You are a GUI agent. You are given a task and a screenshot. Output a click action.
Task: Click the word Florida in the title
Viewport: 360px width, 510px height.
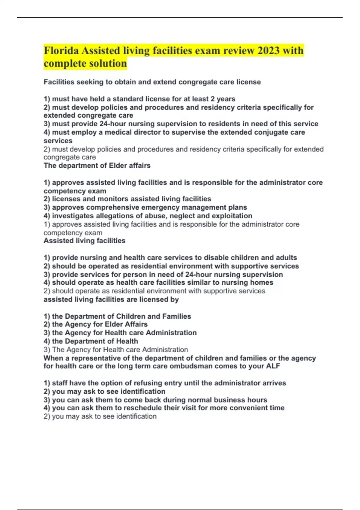click(x=61, y=50)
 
